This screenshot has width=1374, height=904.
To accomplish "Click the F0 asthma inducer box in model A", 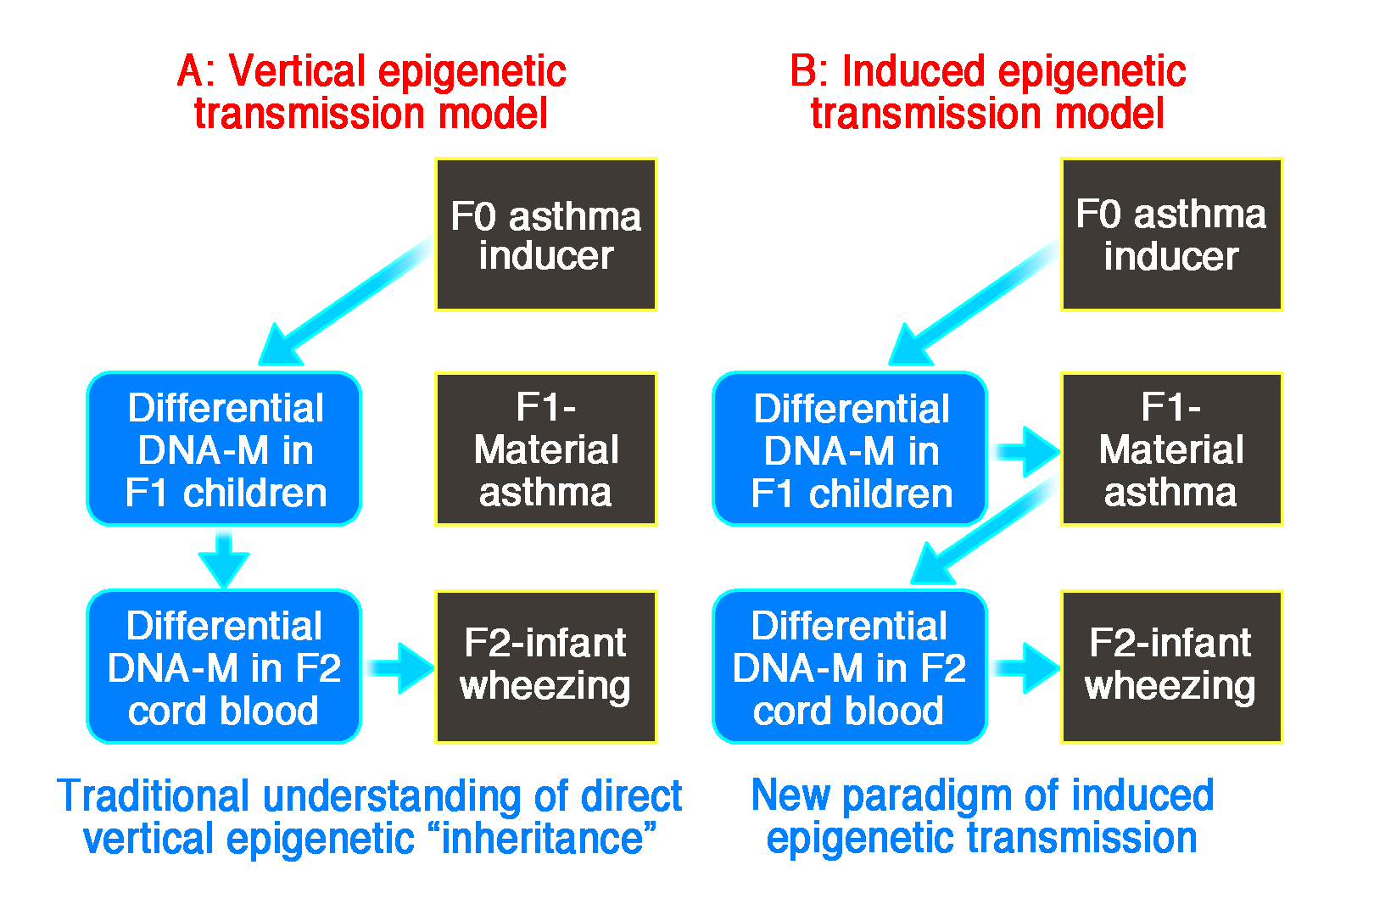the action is (x=546, y=235).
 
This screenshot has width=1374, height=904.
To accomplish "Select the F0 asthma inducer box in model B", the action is (x=1171, y=235).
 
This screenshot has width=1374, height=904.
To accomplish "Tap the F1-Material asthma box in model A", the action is (x=546, y=449).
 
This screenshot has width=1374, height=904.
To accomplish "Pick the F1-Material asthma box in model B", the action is (x=1171, y=449).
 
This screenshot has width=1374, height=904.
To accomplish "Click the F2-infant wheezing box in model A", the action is (x=546, y=667).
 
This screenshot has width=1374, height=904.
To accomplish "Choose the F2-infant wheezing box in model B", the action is (x=1171, y=667).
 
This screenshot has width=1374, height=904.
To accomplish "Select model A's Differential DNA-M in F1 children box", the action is (x=224, y=449).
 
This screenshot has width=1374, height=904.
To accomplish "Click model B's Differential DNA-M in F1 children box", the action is (x=850, y=449).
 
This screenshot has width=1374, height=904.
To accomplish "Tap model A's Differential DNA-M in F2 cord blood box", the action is (x=224, y=667).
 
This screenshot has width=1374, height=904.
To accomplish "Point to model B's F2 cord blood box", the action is (x=850, y=667).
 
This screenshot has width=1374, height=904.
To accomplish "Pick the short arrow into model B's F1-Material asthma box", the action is (x=1025, y=452).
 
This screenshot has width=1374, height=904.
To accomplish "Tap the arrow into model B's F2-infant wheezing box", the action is (x=1025, y=668).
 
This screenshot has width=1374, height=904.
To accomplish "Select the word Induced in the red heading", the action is (x=913, y=71).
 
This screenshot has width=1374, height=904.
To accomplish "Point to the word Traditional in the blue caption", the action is (x=154, y=796).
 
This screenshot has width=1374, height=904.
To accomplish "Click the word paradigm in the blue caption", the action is (x=927, y=797).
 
